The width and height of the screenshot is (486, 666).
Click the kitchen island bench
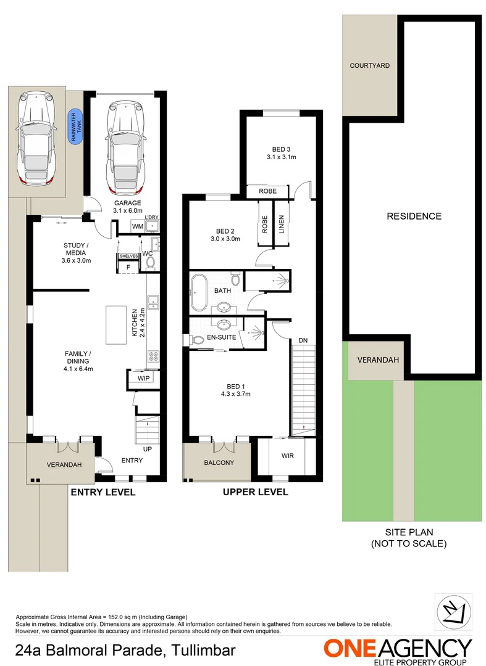tap(116, 325)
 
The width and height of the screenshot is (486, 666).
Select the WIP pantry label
tap(144, 377)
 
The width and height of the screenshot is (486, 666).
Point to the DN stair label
tap(303, 340)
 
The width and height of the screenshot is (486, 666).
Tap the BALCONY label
tap(219, 462)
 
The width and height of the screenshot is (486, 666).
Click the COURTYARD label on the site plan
tap(369, 65)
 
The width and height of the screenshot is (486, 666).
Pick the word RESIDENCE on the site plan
tap(414, 216)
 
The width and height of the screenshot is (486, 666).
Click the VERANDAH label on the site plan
tap(376, 361)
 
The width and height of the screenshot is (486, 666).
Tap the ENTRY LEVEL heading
tap(103, 492)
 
